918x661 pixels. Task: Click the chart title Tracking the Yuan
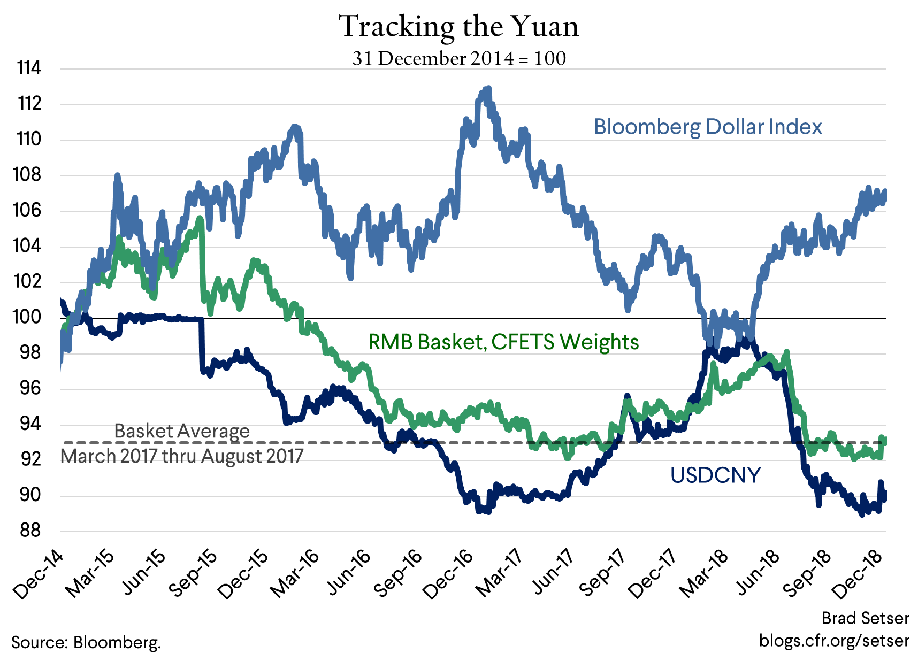pyautogui.click(x=459, y=27)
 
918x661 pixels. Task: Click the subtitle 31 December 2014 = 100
pyautogui.click(x=459, y=58)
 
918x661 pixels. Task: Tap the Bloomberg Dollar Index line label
pyautogui.click(x=708, y=127)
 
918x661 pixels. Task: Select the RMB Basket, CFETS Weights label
pyautogui.click(x=503, y=342)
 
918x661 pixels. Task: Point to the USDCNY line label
pyautogui.click(x=715, y=475)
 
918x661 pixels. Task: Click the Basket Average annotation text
pyautogui.click(x=182, y=431)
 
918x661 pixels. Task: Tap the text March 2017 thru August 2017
pyautogui.click(x=182, y=456)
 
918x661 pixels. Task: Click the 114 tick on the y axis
pyautogui.click(x=29, y=68)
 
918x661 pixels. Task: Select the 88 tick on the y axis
pyautogui.click(x=30, y=531)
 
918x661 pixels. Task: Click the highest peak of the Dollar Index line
pyautogui.click(x=487, y=89)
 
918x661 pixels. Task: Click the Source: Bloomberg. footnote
pyautogui.click(x=86, y=642)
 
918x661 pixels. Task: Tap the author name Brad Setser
pyautogui.click(x=865, y=618)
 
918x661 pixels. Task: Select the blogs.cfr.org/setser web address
pyautogui.click(x=834, y=640)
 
